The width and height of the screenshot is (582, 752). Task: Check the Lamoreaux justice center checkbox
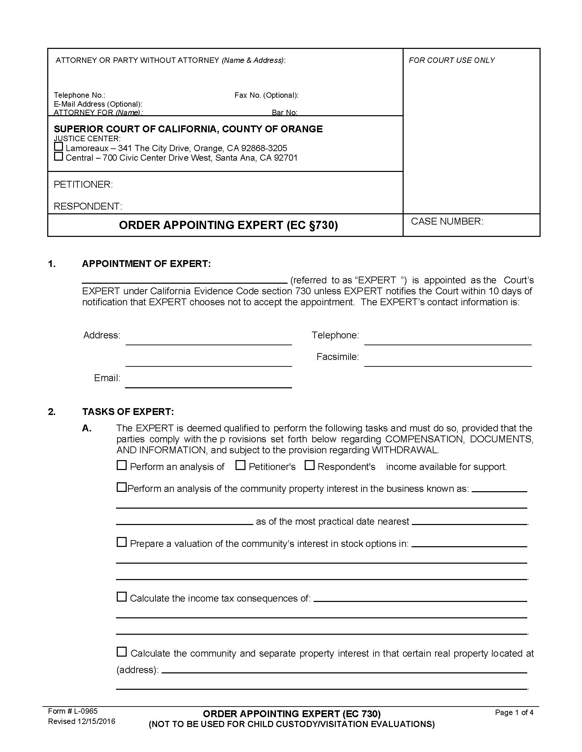click(x=59, y=147)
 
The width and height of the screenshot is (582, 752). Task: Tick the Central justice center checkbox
click(x=59, y=157)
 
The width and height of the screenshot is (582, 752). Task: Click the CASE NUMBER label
click(x=447, y=221)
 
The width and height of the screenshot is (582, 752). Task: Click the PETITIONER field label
click(x=83, y=185)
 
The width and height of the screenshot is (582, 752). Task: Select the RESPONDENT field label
click(x=88, y=206)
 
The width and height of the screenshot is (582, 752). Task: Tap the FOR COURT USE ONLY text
click(x=451, y=60)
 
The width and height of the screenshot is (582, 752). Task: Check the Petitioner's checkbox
click(x=240, y=466)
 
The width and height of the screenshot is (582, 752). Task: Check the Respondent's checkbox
click(x=309, y=466)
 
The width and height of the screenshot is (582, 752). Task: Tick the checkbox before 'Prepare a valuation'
click(x=122, y=542)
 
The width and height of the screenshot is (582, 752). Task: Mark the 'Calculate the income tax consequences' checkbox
click(x=122, y=597)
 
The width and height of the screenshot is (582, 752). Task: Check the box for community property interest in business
click(x=122, y=487)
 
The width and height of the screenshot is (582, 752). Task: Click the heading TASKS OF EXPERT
click(x=128, y=412)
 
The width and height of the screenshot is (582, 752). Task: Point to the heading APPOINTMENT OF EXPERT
click(x=146, y=264)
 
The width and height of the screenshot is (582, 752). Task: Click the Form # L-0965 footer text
click(x=73, y=711)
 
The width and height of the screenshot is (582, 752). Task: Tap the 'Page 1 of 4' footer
click(x=514, y=713)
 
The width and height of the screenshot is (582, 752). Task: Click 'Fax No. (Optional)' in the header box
click(x=266, y=95)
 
